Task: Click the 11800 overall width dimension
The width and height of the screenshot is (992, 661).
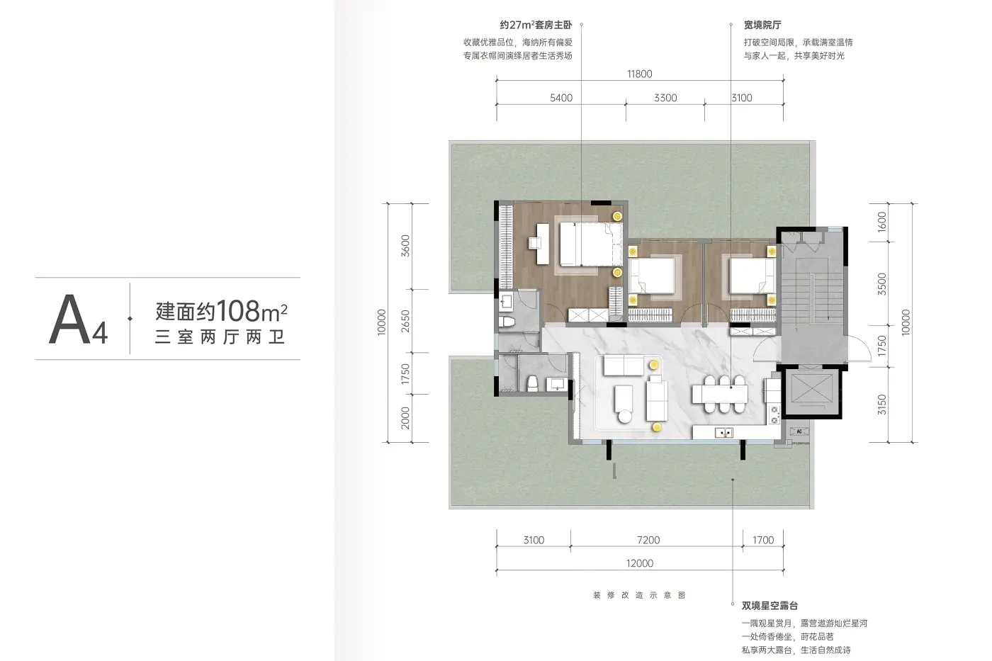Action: (639, 74)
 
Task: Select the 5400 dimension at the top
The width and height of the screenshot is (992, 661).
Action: (561, 98)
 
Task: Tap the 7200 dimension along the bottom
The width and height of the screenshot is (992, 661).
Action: (648, 540)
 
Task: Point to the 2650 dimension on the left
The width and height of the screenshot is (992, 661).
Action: (405, 321)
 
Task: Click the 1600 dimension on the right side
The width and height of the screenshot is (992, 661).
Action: (881, 221)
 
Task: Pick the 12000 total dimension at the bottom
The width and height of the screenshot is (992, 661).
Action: (639, 563)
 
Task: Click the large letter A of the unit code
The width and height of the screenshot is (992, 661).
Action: (69, 319)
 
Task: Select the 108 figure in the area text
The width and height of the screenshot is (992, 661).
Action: (238, 311)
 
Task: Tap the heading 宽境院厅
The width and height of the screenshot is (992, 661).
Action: (762, 26)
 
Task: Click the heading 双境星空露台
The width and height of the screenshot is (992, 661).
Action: (770, 606)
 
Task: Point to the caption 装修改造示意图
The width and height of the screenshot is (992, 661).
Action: (639, 595)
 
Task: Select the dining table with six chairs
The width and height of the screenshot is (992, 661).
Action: (720, 394)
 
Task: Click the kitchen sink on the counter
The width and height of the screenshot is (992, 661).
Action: (724, 433)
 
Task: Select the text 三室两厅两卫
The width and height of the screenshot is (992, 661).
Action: (220, 337)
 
